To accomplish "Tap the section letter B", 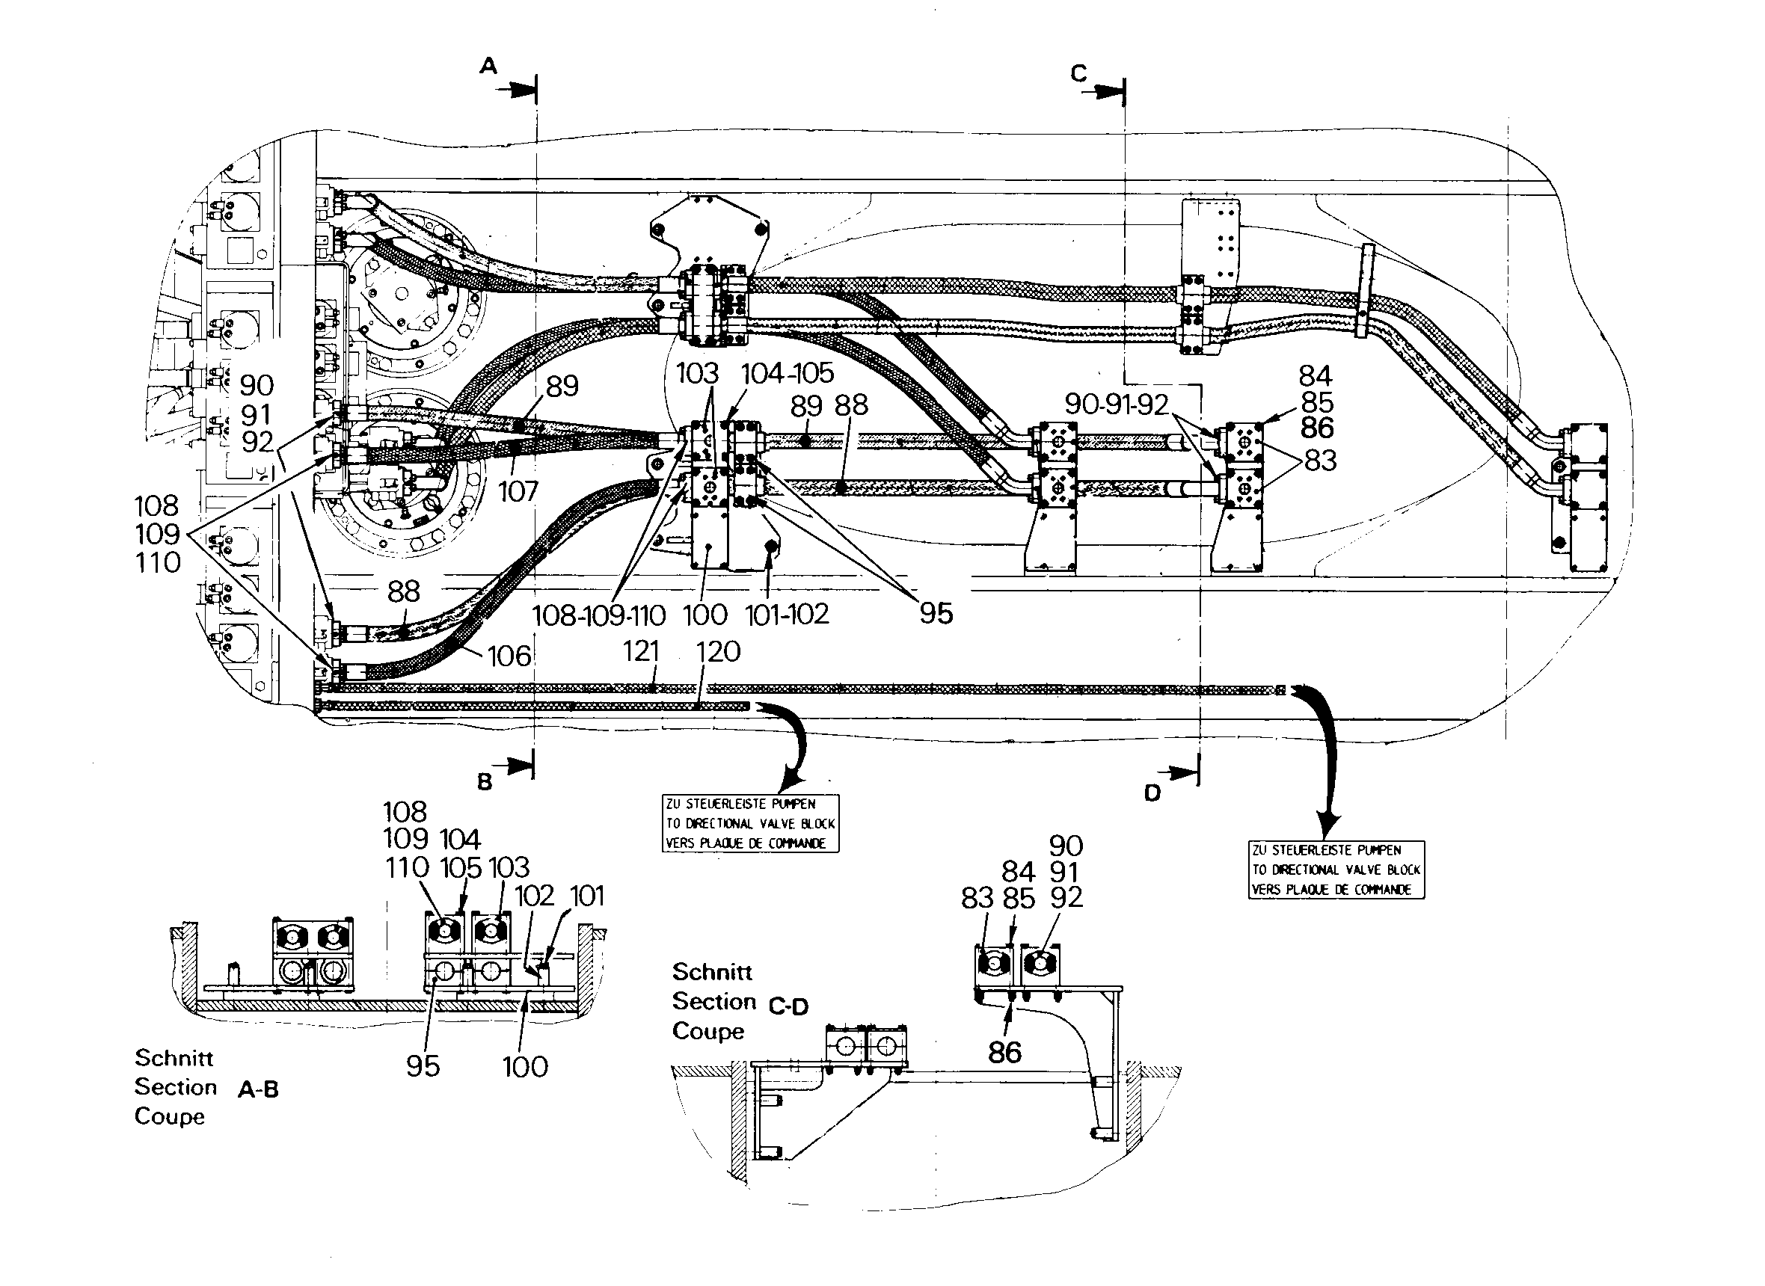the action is (x=485, y=781).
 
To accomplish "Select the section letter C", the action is (x=1078, y=73).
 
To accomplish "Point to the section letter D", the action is (x=1152, y=793).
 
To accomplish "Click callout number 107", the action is (x=518, y=491).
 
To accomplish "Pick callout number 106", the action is (x=509, y=656).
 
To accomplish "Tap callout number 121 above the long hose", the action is (x=641, y=650).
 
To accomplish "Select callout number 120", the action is (x=718, y=651).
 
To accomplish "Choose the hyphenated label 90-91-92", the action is (x=1117, y=404).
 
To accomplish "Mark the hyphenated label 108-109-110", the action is (x=599, y=616).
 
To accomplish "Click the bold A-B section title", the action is (x=258, y=1090).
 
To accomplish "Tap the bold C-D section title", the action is (x=789, y=1006).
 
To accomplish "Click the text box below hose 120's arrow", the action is (x=751, y=824).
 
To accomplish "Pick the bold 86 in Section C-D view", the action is (x=1004, y=1053).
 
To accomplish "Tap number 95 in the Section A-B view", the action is (x=423, y=1066).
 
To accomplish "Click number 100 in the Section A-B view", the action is (x=525, y=1066).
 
